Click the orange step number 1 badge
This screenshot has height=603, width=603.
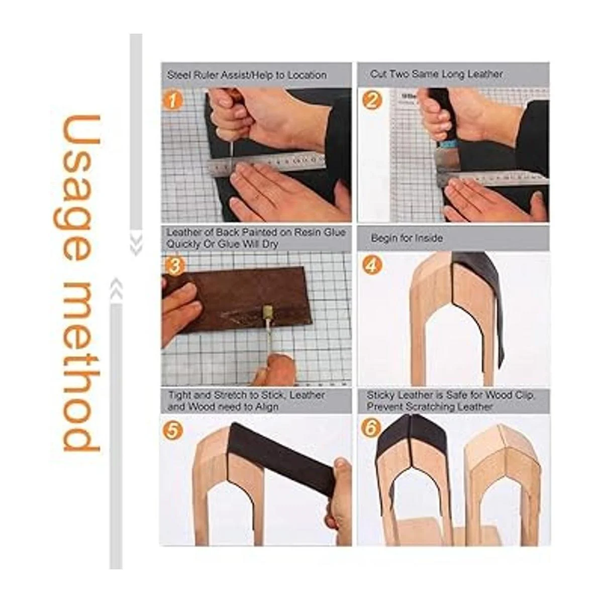172,101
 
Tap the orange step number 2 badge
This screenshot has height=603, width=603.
372,100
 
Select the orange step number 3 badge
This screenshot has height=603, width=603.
174,266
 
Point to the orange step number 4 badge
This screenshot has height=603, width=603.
372,265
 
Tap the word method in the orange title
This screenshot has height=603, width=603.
81,364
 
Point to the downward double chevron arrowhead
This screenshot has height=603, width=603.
136,245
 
